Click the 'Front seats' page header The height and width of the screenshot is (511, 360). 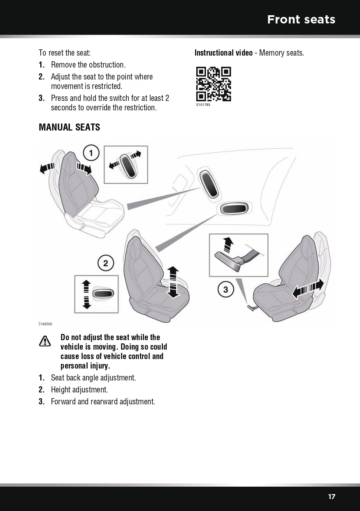click(x=301, y=19)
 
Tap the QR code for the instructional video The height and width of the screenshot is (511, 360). click(x=213, y=84)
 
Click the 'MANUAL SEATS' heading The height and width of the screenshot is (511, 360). click(x=69, y=127)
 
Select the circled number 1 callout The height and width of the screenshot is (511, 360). click(x=91, y=154)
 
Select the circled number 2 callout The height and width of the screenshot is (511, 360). click(x=105, y=263)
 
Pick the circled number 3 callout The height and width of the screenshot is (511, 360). click(x=225, y=290)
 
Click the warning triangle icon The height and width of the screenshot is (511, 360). click(x=45, y=341)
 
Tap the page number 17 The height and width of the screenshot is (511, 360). click(x=332, y=497)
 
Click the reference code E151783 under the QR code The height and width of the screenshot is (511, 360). click(x=203, y=105)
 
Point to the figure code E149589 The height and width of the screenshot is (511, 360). click(x=45, y=324)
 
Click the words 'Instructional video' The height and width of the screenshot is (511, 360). click(x=223, y=53)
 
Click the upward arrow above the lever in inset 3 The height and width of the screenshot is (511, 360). click(x=227, y=245)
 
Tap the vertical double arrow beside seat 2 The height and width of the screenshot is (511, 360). click(x=173, y=282)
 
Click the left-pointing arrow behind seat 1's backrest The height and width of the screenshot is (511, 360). click(x=47, y=168)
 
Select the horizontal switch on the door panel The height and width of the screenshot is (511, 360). click(x=234, y=209)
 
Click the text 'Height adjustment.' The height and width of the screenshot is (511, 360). click(x=79, y=390)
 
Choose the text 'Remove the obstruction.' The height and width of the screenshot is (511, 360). click(x=88, y=65)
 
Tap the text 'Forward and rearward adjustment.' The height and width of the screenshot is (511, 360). click(x=103, y=401)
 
